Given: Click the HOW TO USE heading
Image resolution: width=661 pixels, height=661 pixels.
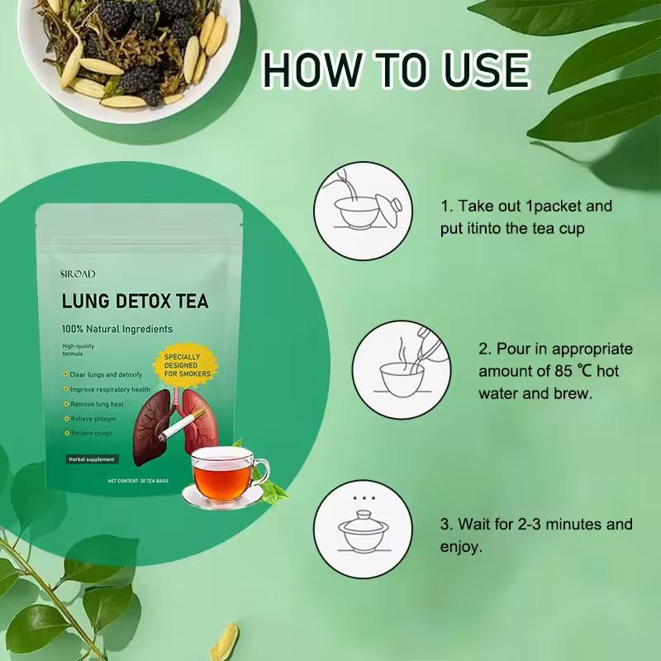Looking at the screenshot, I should [396, 69].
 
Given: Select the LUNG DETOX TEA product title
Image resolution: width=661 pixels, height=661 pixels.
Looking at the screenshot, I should [136, 301].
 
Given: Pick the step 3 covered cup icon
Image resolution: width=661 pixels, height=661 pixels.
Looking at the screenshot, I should [364, 530].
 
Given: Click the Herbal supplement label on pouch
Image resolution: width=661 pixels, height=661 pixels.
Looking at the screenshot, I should [93, 459].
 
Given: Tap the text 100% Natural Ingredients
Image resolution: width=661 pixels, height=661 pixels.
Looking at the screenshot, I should [117, 329].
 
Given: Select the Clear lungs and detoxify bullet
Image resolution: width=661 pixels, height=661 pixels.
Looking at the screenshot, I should [105, 375].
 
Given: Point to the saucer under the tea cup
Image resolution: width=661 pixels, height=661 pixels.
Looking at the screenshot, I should [221, 496].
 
